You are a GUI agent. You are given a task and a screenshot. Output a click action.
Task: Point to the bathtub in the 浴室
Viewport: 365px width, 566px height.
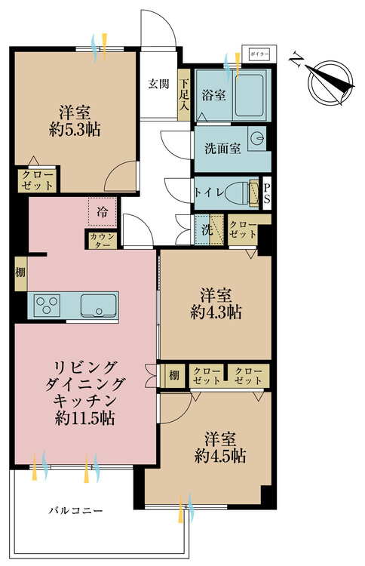click(x=250, y=95)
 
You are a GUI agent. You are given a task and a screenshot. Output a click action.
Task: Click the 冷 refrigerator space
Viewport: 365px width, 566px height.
click(x=103, y=212)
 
